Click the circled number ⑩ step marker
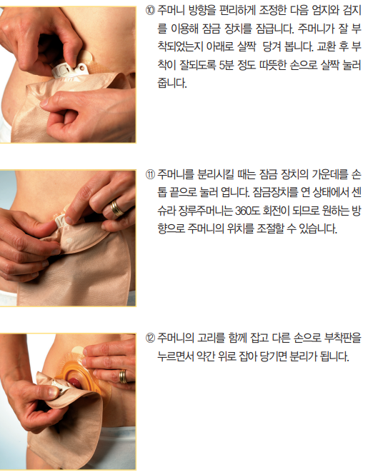[150, 11]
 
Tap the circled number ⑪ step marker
[150, 175]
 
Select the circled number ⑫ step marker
[150, 338]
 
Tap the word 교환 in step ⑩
[326, 47]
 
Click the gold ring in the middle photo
[116, 209]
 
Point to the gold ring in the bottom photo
[123, 376]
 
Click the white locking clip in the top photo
[70, 71]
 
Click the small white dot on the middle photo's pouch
[70, 241]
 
